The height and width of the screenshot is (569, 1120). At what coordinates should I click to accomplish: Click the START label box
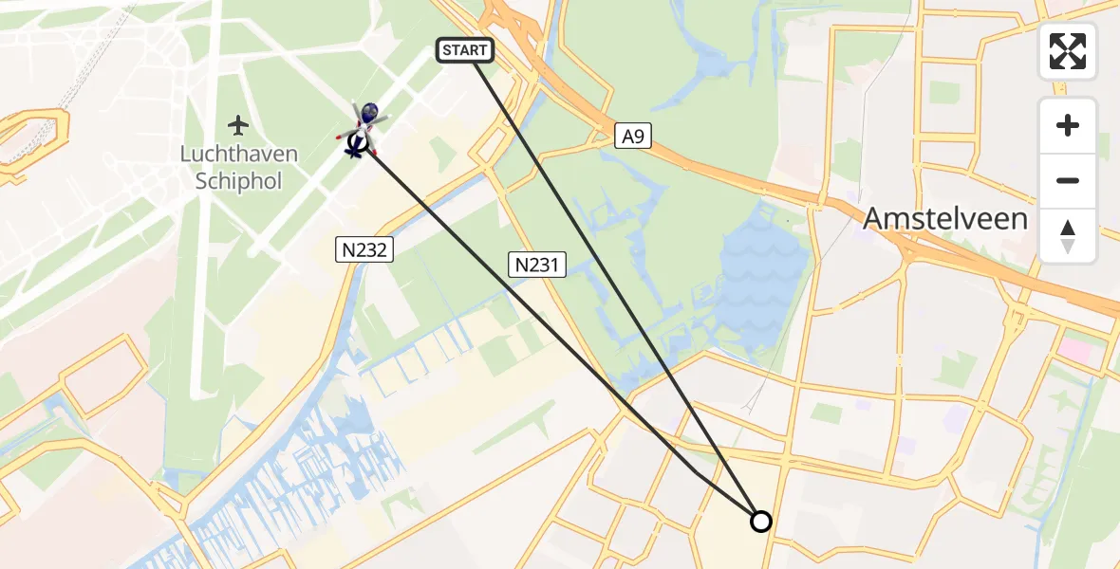[x=465, y=50]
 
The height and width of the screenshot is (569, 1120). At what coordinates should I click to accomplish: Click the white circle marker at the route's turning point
[x=760, y=521]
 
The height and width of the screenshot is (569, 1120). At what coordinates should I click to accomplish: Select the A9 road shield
[x=633, y=137]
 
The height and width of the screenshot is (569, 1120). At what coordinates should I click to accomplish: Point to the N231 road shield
[x=538, y=266]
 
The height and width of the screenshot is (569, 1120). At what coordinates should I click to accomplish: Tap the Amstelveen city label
[x=944, y=219]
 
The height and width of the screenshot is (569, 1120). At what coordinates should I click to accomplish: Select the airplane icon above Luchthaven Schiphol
[x=237, y=124]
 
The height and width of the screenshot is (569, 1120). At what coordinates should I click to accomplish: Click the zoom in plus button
[x=1068, y=126]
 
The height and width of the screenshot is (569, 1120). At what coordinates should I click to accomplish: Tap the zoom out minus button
[x=1068, y=180]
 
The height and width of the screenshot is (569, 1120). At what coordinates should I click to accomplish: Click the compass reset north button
[x=1068, y=236]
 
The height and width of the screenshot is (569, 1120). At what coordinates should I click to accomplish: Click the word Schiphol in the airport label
[x=239, y=181]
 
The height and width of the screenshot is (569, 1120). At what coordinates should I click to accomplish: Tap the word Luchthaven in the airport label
[x=239, y=155]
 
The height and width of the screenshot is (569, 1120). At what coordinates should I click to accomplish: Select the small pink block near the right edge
[x=1077, y=349]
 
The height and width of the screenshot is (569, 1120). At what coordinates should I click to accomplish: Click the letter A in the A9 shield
[x=626, y=137]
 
